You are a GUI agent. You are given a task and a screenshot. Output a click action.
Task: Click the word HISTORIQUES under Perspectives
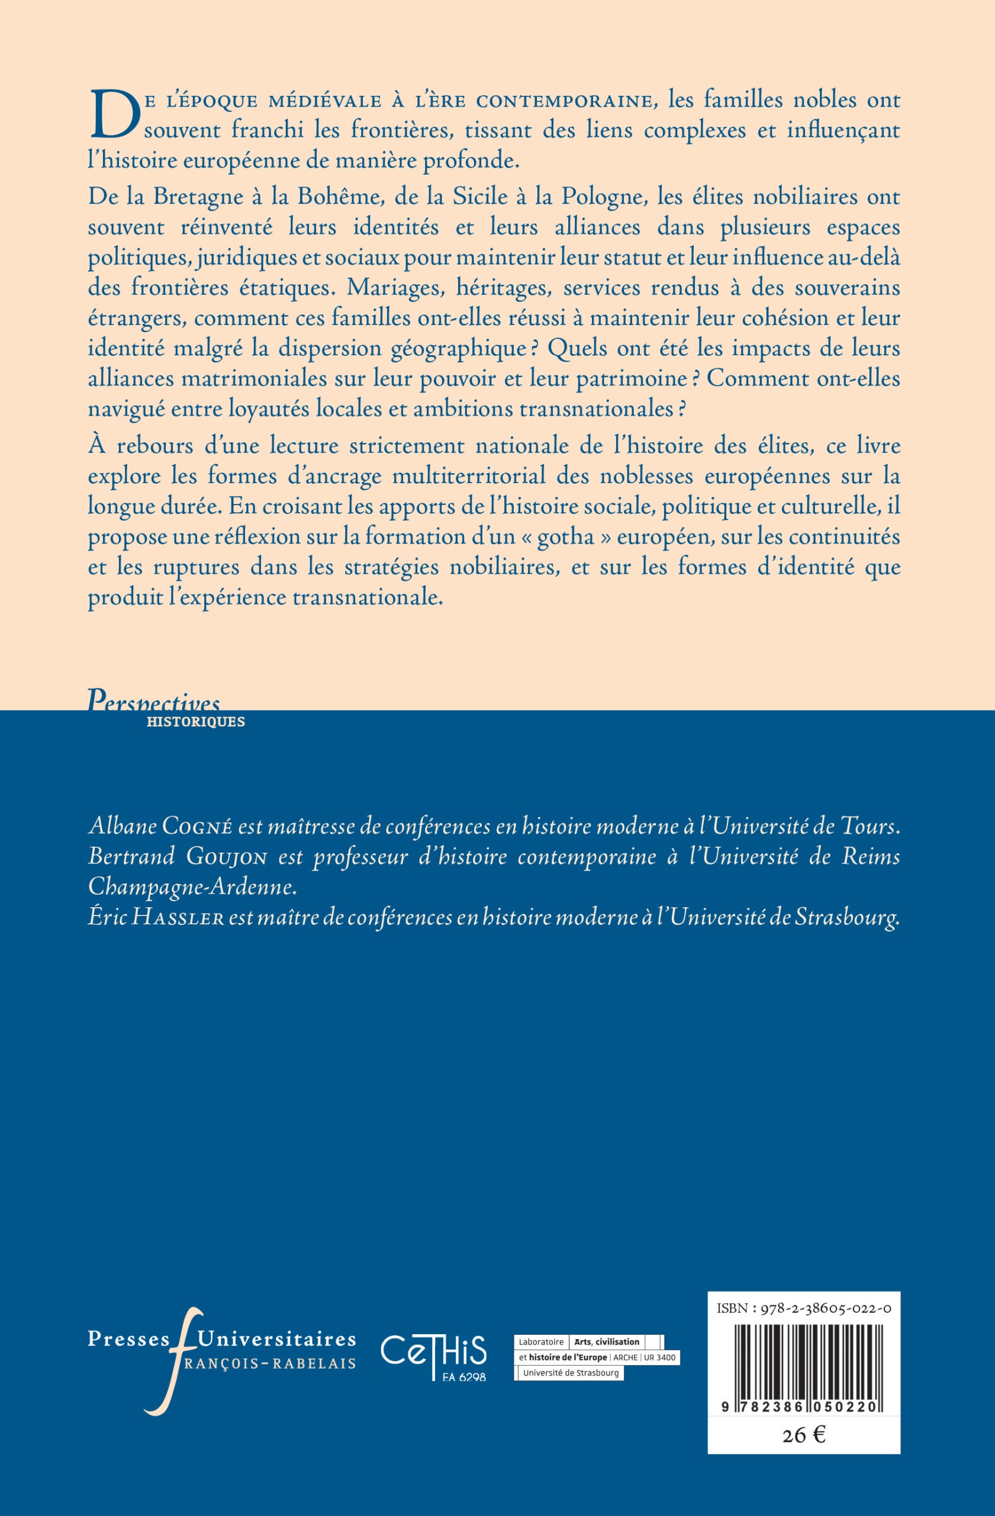[195, 722]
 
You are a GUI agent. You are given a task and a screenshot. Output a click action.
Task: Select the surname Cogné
[199, 827]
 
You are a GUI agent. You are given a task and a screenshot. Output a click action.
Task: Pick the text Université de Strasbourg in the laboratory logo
[571, 1373]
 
